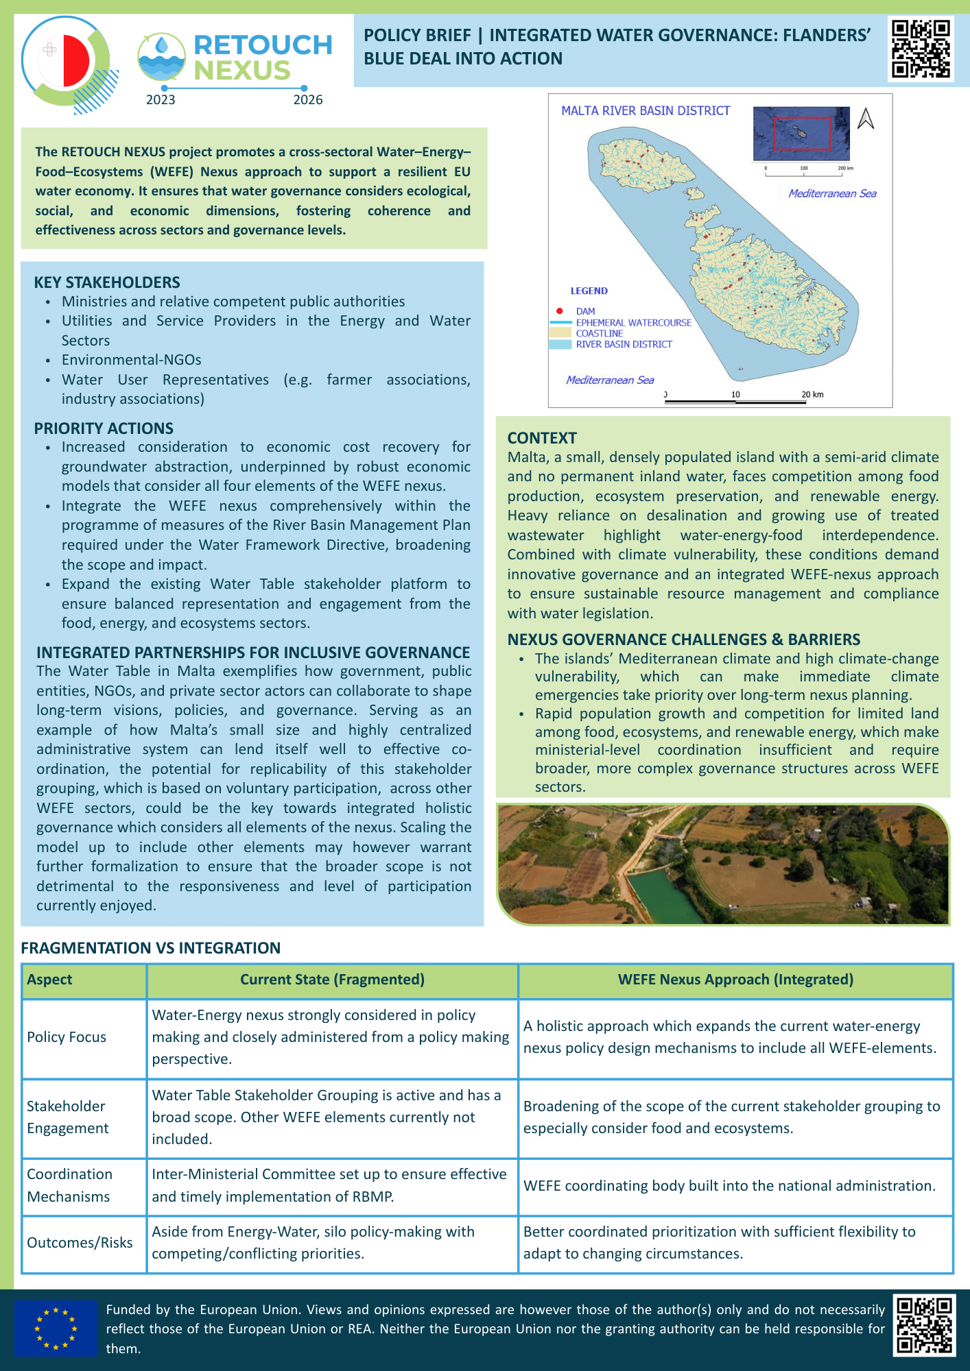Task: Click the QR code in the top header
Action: tap(921, 49)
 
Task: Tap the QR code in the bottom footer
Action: tap(924, 1324)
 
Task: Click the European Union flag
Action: tap(56, 1328)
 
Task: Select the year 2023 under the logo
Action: tap(161, 100)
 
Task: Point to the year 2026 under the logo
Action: tap(308, 100)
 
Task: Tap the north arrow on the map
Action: tap(866, 119)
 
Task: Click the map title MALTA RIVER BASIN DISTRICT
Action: tap(646, 111)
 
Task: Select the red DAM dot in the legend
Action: tap(560, 311)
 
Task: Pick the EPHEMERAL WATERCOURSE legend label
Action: tap(633, 323)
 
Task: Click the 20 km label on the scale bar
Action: tap(812, 395)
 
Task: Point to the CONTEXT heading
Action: tap(542, 438)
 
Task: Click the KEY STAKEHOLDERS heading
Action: tap(107, 282)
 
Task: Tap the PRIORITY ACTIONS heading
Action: tap(104, 428)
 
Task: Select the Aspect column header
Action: tap(49, 980)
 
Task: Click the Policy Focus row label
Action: tap(67, 1037)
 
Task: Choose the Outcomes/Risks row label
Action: tap(80, 1243)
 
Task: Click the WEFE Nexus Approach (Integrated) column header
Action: tap(735, 980)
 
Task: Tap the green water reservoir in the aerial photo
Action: tap(665, 891)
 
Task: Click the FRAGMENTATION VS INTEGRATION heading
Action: tap(151, 948)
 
